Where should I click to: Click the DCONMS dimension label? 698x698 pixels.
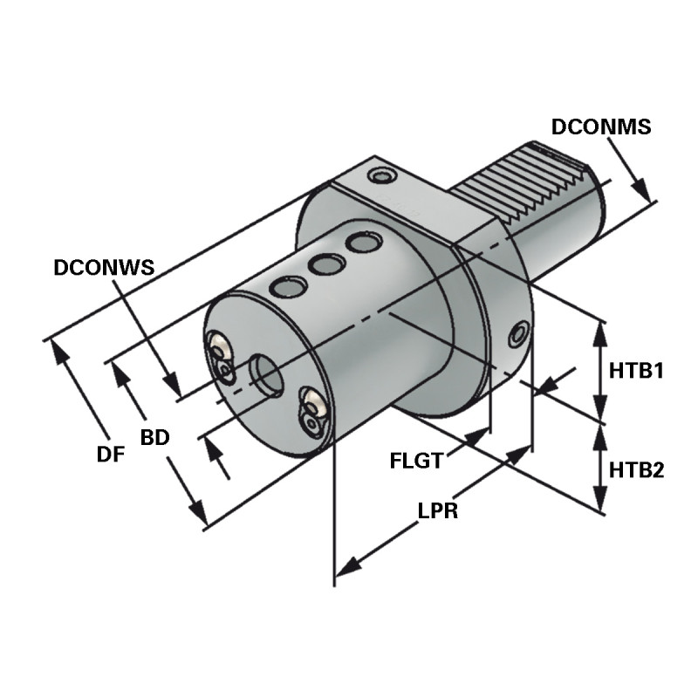click(601, 127)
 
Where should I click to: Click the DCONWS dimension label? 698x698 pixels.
click(104, 268)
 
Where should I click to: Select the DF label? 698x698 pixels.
click(110, 454)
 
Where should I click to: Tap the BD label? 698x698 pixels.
click(154, 438)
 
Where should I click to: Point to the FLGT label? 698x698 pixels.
click(416, 461)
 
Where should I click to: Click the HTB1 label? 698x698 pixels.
click(637, 371)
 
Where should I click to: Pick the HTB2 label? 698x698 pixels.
click(637, 471)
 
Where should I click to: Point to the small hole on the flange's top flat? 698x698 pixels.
click(381, 177)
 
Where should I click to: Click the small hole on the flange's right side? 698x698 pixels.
click(520, 332)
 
